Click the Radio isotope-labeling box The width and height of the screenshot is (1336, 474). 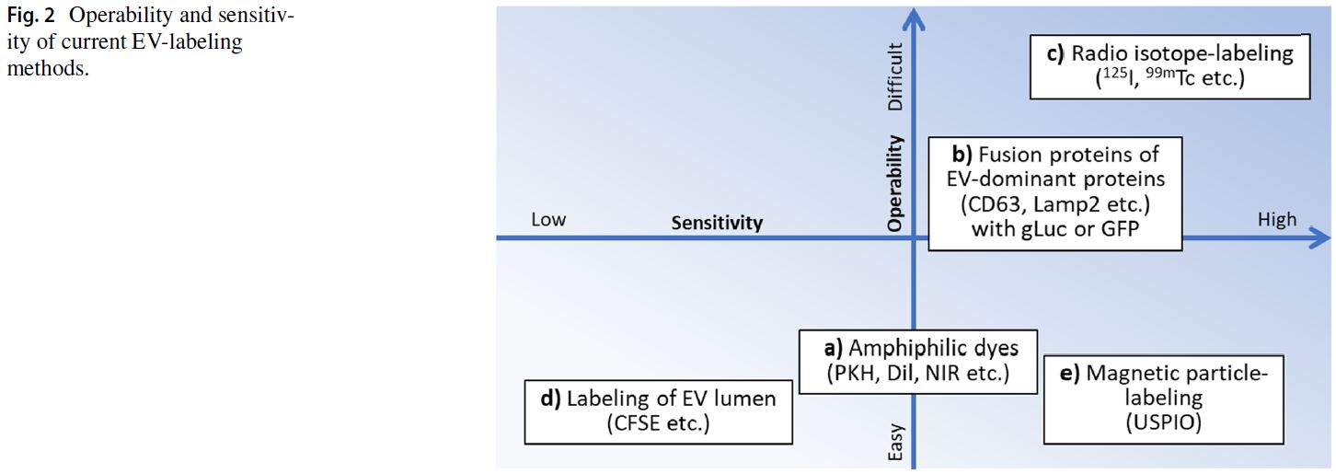click(x=1169, y=66)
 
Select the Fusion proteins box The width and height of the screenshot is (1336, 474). click(x=1054, y=193)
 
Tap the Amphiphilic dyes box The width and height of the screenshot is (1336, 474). click(x=917, y=361)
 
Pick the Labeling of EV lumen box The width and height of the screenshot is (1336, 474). click(x=658, y=410)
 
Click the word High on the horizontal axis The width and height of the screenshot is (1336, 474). click(x=1276, y=219)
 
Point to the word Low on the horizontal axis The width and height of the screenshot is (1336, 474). click(x=548, y=220)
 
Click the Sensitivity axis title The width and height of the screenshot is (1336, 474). click(x=717, y=223)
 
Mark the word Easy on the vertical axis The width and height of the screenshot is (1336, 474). click(x=896, y=441)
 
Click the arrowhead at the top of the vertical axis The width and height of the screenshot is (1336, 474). click(x=913, y=16)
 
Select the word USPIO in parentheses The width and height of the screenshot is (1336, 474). click(x=1164, y=422)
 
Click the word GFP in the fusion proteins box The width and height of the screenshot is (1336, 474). click(x=1120, y=228)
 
